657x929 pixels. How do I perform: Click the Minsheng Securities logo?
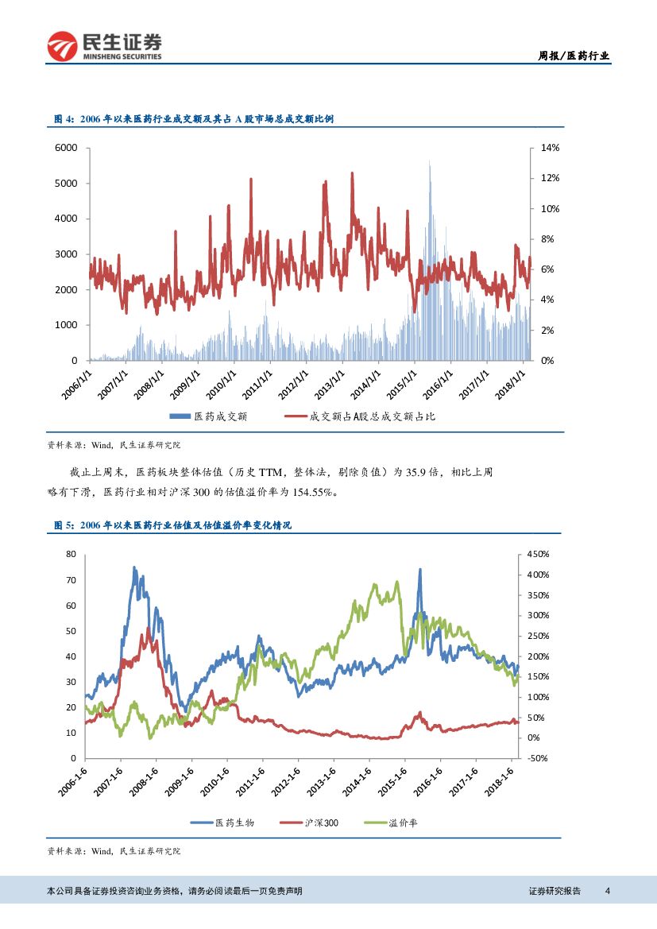(x=105, y=45)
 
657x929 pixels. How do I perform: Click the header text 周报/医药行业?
(x=574, y=56)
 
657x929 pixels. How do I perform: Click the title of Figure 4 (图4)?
(x=193, y=118)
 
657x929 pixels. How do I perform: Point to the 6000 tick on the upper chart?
(x=65, y=148)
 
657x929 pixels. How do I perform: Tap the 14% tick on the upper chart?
(x=551, y=148)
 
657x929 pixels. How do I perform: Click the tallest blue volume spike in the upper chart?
(x=429, y=163)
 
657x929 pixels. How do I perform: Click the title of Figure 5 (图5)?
(x=172, y=525)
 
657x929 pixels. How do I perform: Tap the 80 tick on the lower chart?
(x=71, y=554)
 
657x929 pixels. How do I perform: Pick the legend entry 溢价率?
(x=402, y=823)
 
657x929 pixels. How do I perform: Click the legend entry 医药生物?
(x=234, y=823)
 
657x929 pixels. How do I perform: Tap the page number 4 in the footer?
(x=607, y=891)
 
